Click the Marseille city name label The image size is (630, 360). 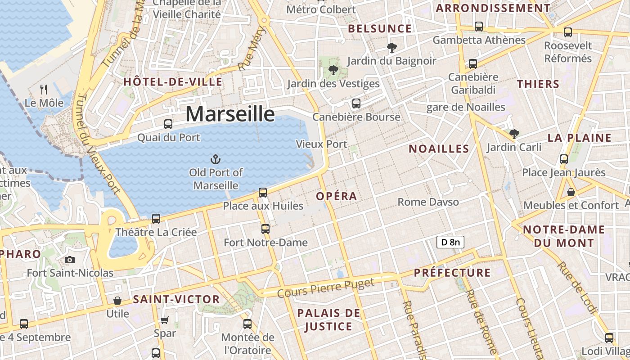[x=230, y=114]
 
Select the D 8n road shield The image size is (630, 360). [x=450, y=242]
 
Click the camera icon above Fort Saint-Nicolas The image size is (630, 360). [x=69, y=260]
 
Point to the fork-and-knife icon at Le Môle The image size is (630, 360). [x=44, y=89]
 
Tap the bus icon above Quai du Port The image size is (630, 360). [x=168, y=124]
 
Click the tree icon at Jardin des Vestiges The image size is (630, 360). [x=333, y=70]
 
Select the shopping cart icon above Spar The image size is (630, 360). [x=164, y=320]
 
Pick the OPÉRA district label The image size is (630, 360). [x=336, y=196]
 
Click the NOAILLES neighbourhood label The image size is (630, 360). [x=439, y=148]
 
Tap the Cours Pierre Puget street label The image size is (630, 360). [x=325, y=288]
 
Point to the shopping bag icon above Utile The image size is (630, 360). [x=117, y=300]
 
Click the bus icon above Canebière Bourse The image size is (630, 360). [x=356, y=103]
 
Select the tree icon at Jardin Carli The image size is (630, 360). [x=514, y=134]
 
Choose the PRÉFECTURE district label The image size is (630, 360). [x=452, y=273]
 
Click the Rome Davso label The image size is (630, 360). [x=428, y=202]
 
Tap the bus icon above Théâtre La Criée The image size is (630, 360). [x=156, y=219]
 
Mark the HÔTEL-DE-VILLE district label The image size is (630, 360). [x=173, y=82]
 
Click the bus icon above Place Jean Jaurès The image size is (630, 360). [x=564, y=159]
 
